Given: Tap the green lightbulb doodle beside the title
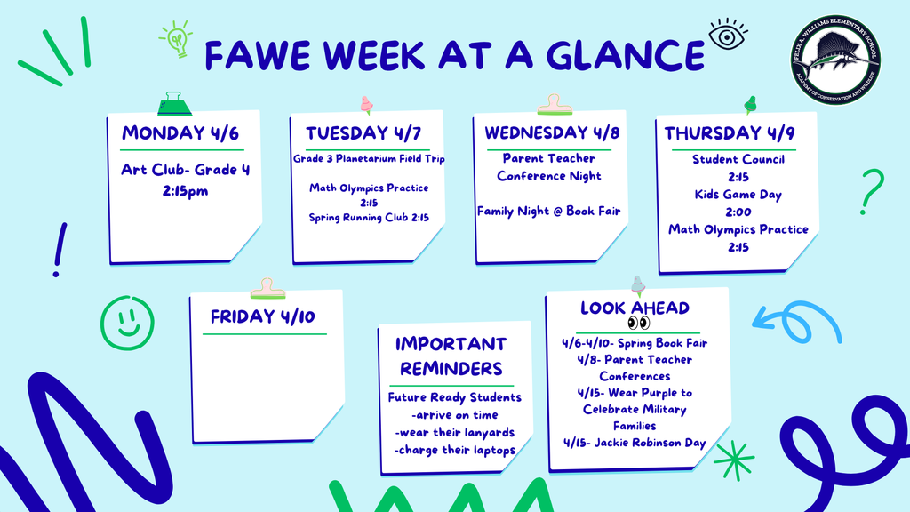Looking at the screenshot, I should (x=177, y=40).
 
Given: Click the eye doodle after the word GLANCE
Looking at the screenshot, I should (x=727, y=36).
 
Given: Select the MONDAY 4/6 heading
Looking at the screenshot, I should (x=180, y=133).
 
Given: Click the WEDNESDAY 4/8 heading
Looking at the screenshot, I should (x=548, y=133).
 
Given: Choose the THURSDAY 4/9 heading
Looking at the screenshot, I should (x=725, y=133).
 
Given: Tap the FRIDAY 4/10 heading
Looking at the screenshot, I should (x=263, y=316).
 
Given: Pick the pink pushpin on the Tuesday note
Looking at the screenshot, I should (x=366, y=105).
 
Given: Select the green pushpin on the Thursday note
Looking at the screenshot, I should (x=750, y=105).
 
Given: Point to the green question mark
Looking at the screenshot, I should (x=871, y=190).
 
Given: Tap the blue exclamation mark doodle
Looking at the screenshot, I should (x=60, y=249).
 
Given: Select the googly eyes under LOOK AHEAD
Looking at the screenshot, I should (x=638, y=324).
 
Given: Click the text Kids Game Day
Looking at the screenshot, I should (x=738, y=195).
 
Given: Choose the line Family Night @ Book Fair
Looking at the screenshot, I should (x=548, y=212).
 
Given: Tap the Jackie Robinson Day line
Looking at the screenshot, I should (x=635, y=443).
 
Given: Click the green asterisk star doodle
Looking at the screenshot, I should (x=734, y=460).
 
